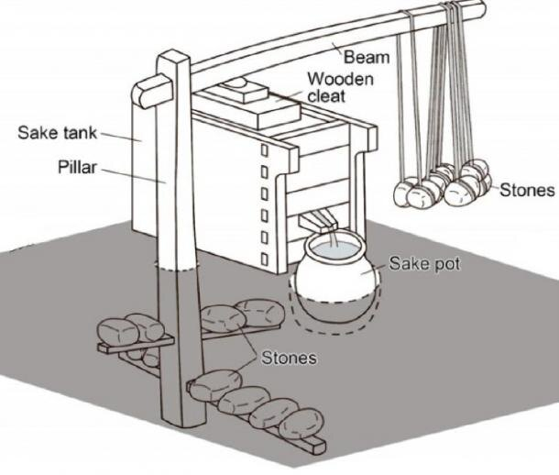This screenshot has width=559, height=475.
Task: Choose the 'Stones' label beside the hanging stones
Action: click(x=528, y=191)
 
